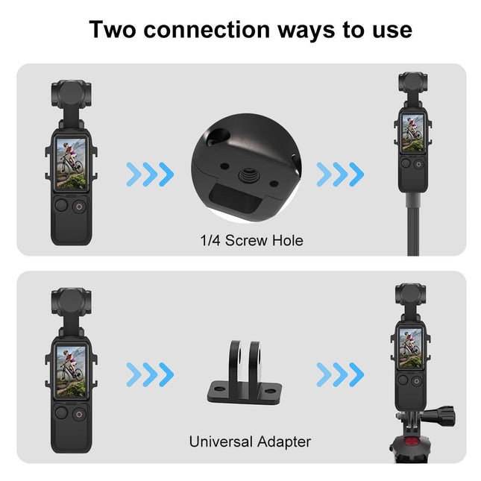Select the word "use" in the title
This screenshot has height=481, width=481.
(x=391, y=29)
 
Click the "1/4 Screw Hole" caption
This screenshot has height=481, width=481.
(x=241, y=240)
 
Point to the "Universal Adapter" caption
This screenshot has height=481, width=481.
(x=250, y=441)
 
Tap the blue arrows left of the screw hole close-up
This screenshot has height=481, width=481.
(x=150, y=175)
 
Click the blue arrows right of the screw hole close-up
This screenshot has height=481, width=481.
(x=340, y=175)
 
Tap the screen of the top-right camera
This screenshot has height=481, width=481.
(x=413, y=133)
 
